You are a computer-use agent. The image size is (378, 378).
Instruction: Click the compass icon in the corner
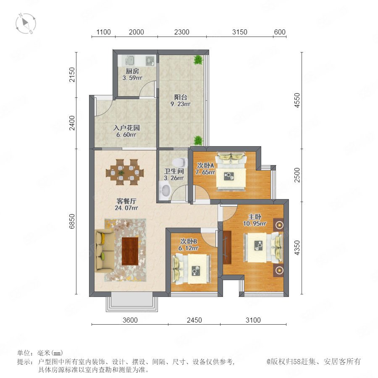(x=26, y=24)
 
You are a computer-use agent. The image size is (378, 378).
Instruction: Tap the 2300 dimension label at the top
(x=181, y=32)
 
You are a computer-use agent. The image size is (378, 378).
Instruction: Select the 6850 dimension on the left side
(x=72, y=221)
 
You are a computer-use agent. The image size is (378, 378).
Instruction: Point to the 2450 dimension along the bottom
(x=194, y=320)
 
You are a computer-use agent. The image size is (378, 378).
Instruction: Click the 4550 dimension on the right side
(x=297, y=100)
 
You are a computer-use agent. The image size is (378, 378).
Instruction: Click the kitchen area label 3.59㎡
(x=132, y=78)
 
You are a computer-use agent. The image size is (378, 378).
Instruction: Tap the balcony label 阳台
(x=181, y=97)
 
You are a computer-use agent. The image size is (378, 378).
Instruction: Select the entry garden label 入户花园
(x=126, y=128)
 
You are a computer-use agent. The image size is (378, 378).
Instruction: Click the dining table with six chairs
(x=125, y=172)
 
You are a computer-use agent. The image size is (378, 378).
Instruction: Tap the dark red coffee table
(x=130, y=251)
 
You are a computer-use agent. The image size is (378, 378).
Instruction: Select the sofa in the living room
(x=105, y=251)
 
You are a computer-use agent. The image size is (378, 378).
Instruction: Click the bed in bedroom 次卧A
(x=231, y=171)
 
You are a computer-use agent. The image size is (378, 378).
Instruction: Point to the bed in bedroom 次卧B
(x=191, y=269)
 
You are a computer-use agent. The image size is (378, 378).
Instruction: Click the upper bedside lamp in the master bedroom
(x=279, y=225)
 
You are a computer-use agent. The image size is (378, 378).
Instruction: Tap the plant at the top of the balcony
(x=198, y=60)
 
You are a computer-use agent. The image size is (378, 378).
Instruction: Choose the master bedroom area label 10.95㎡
(x=255, y=224)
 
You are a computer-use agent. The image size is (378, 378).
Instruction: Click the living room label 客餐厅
(x=126, y=201)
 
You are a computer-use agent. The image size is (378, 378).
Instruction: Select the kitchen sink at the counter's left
(x=129, y=60)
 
